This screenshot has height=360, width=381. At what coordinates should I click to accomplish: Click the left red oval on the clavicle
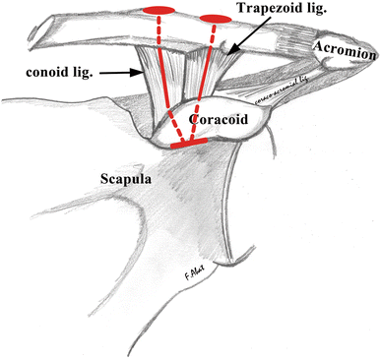click(x=159, y=11)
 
